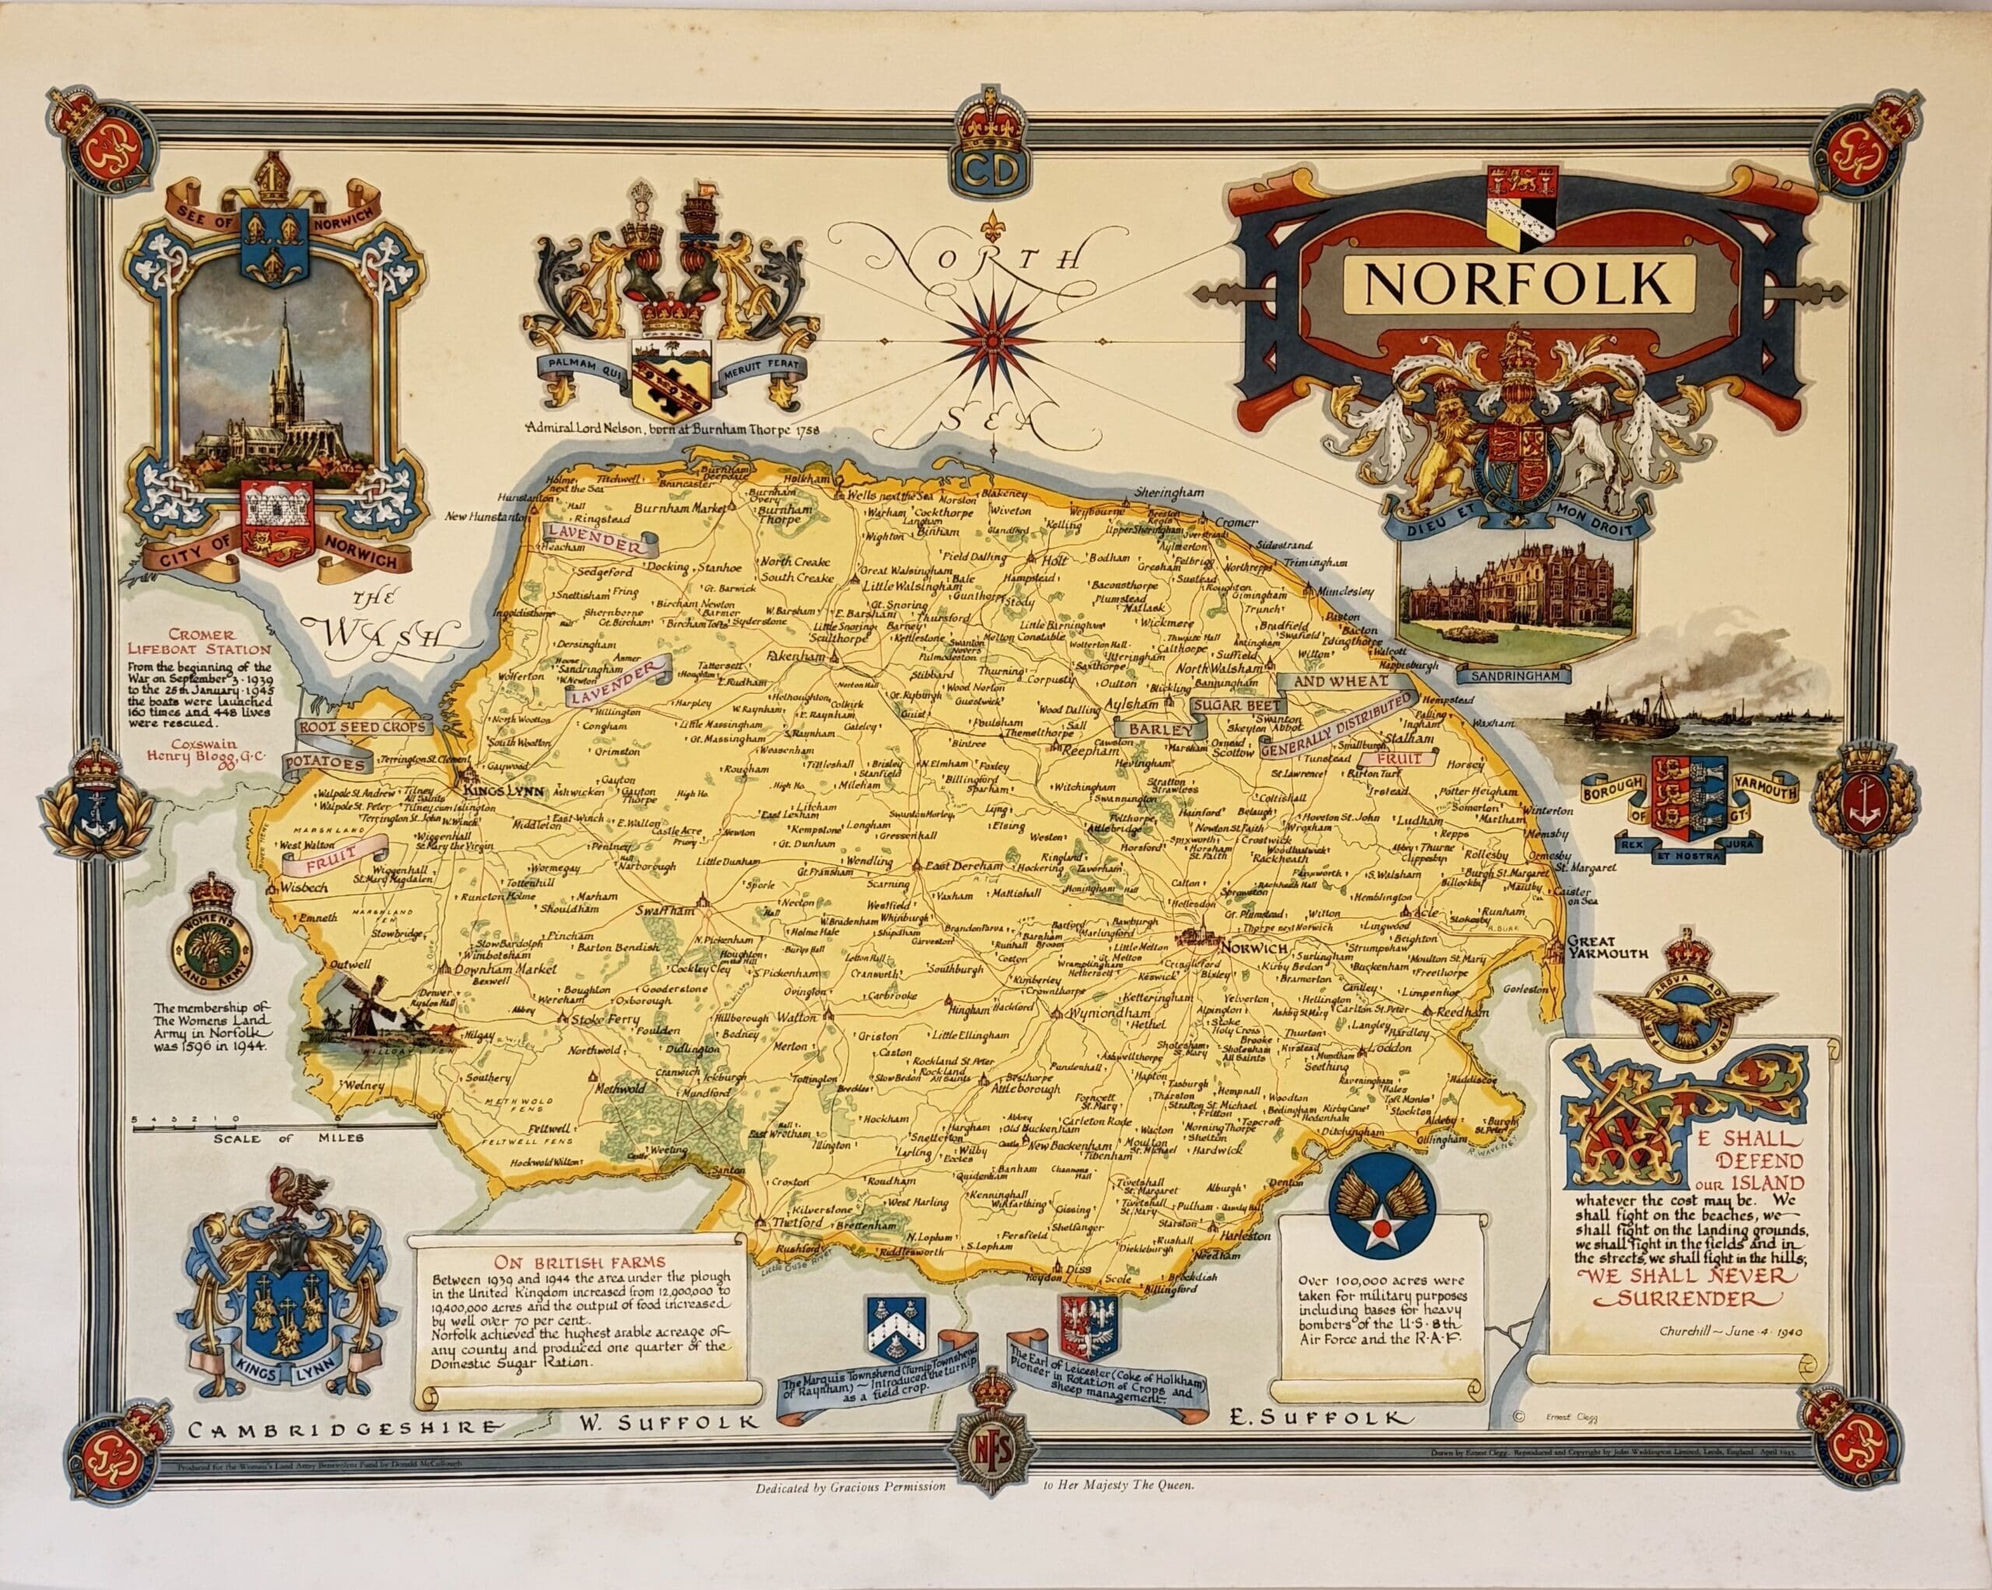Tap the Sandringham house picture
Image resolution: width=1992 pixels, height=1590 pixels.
coord(1515,591)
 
